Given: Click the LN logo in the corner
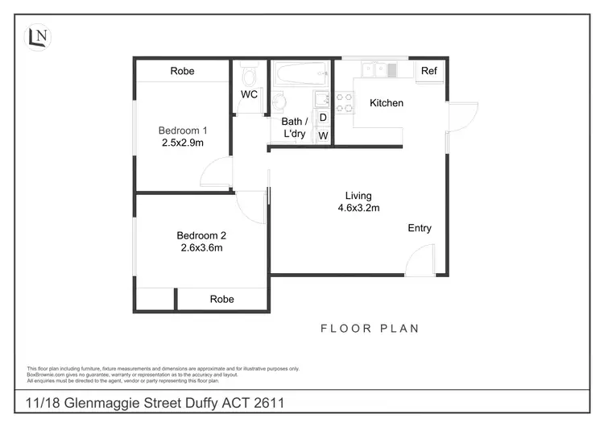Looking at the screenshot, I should click(37, 36).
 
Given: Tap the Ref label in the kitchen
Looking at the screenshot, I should click(429, 72).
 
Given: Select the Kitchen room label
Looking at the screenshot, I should click(387, 103).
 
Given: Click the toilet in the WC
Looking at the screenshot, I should click(249, 77).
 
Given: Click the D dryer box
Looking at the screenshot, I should click(323, 118).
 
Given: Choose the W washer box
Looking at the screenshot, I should click(323, 135).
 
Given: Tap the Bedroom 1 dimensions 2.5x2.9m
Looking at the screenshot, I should click(183, 143).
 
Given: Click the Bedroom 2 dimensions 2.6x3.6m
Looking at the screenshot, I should click(201, 248).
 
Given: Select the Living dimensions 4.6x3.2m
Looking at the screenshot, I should click(358, 208).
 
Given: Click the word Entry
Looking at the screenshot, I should click(420, 228).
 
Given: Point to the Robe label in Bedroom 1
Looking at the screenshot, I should click(183, 71).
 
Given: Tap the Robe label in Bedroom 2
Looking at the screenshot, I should click(222, 299).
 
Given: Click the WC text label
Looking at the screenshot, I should click(249, 94).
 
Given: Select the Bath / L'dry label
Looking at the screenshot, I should click(293, 128).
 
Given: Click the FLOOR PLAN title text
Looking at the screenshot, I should click(370, 329).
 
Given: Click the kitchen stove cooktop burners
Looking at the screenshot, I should click(344, 102).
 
